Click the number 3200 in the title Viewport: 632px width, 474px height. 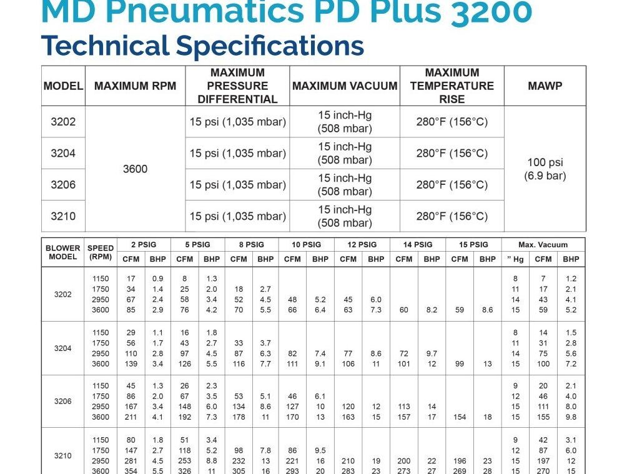[x=491, y=11]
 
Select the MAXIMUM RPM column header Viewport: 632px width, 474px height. [x=135, y=86]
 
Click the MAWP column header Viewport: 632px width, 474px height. [x=545, y=86]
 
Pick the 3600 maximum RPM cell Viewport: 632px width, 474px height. [x=135, y=169]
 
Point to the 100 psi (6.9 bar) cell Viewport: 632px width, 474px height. [x=545, y=169]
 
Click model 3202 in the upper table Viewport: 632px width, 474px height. [x=63, y=122]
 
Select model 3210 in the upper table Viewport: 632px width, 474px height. [x=63, y=216]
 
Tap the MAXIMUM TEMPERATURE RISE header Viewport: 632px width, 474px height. [x=452, y=86]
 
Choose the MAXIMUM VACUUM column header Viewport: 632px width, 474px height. [x=345, y=86]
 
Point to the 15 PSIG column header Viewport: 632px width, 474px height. [x=473, y=245]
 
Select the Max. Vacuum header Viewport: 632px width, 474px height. [x=543, y=245]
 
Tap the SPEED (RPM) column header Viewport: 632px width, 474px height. [x=101, y=252]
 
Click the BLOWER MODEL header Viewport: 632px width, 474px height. [x=62, y=252]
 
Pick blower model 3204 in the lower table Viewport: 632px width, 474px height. [x=62, y=348]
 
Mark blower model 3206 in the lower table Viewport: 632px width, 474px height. [x=62, y=402]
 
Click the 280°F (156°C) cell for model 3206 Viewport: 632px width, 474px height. [x=452, y=185]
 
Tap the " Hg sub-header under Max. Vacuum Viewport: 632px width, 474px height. [x=515, y=259]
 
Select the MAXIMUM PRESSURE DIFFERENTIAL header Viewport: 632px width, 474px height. [x=237, y=86]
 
